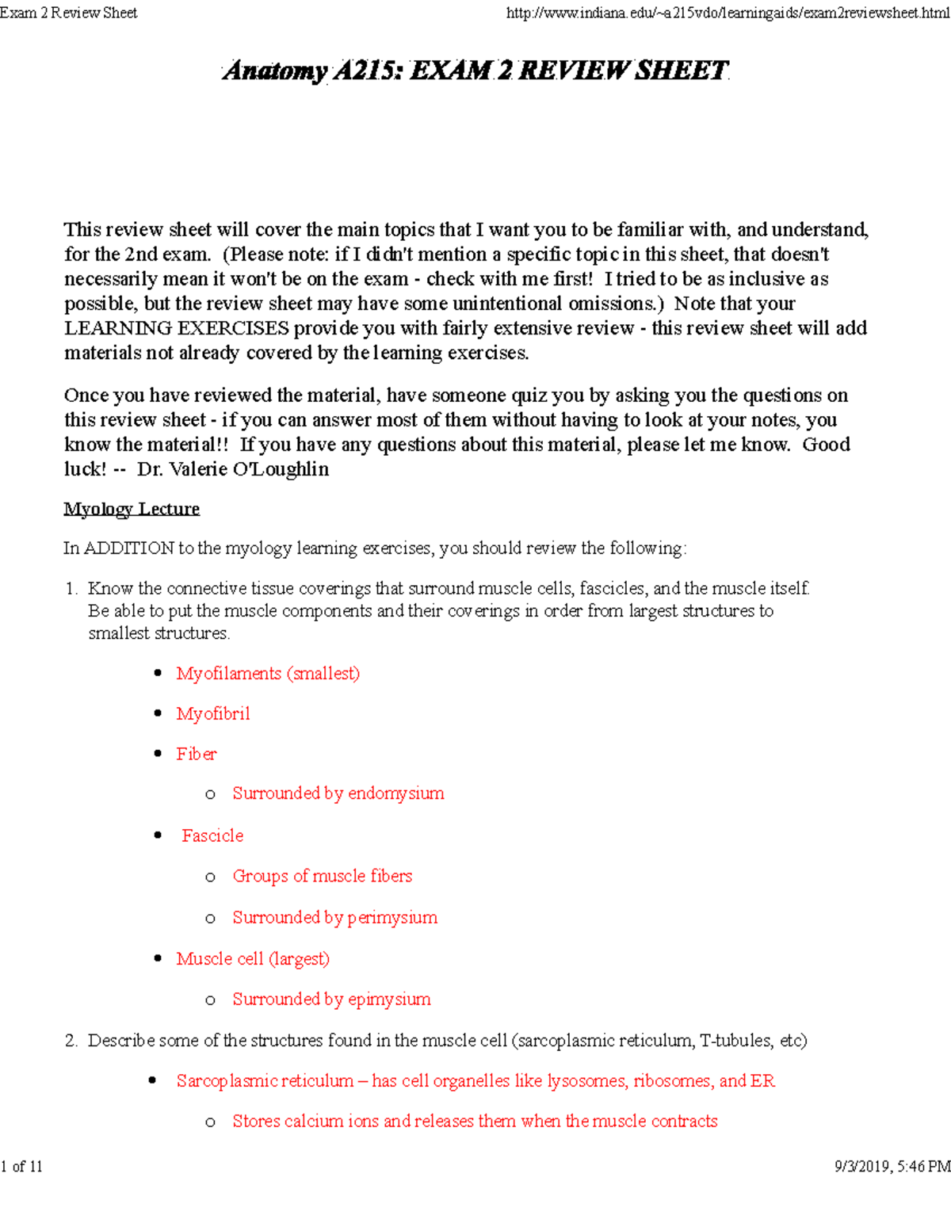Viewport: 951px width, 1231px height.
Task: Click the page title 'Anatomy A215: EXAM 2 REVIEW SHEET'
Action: pyautogui.click(x=475, y=71)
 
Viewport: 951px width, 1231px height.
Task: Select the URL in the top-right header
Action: pyautogui.click(x=727, y=13)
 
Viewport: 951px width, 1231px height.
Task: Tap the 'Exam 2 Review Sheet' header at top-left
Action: pyautogui.click(x=69, y=13)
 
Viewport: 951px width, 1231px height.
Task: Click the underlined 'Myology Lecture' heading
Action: pyautogui.click(x=132, y=509)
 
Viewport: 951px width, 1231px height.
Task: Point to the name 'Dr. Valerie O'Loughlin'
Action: pyautogui.click(x=233, y=469)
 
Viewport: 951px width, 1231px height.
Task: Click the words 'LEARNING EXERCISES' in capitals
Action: pyautogui.click(x=177, y=328)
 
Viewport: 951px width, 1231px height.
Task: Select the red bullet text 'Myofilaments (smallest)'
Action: pyautogui.click(x=268, y=674)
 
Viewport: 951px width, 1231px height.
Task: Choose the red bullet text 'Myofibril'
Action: pyautogui.click(x=213, y=714)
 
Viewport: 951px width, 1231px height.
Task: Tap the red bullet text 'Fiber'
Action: pyautogui.click(x=197, y=754)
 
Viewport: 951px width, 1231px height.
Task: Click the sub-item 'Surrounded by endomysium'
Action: pyautogui.click(x=338, y=793)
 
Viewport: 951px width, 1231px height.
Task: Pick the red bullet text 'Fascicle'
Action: pyautogui.click(x=212, y=835)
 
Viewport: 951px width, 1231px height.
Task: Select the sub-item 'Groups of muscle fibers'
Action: pyautogui.click(x=323, y=876)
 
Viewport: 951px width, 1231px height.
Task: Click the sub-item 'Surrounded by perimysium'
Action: pyautogui.click(x=334, y=917)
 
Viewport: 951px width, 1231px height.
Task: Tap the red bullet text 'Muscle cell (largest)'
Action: pyautogui.click(x=253, y=958)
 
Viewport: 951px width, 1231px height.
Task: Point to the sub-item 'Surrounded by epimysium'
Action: pyautogui.click(x=331, y=1000)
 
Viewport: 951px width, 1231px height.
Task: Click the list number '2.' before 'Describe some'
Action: pyautogui.click(x=71, y=1041)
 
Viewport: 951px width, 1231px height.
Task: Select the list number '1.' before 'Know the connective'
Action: pyautogui.click(x=71, y=589)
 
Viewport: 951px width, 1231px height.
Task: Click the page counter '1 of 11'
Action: pyautogui.click(x=22, y=1166)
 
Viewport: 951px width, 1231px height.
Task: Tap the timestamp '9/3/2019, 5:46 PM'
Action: pyautogui.click(x=892, y=1166)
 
